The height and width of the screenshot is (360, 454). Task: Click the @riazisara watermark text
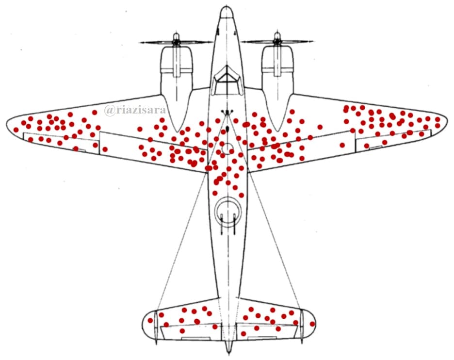coord(135,110)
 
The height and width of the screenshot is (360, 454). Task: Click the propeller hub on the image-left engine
coord(176,42)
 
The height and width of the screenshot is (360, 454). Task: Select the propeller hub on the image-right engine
coord(277,41)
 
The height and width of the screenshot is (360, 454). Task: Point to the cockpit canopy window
coord(227,80)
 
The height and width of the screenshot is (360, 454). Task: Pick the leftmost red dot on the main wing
coord(16,130)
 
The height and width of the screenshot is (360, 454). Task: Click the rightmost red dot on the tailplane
coord(312,324)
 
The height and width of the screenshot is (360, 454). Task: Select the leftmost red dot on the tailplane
coord(150,320)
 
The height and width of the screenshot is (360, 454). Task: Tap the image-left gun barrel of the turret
coord(222,224)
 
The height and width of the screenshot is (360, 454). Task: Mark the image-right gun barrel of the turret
coord(235,224)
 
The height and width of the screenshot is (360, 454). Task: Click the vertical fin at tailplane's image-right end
coord(301,326)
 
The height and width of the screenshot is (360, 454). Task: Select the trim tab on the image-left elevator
coord(196,338)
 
